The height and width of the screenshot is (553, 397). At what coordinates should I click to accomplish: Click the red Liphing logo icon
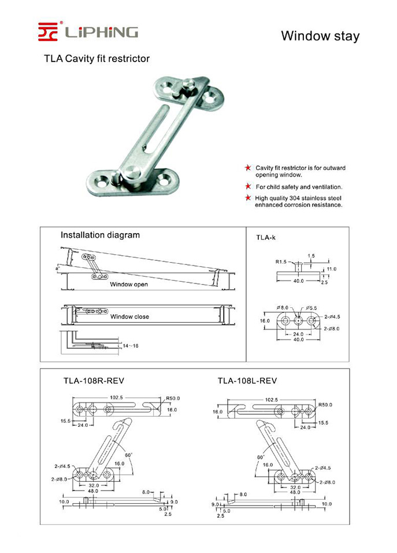pyautogui.click(x=49, y=31)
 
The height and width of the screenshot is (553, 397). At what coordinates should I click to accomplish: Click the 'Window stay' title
pyautogui.click(x=320, y=36)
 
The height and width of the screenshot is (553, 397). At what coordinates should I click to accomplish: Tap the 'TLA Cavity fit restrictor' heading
pyautogui.click(x=97, y=58)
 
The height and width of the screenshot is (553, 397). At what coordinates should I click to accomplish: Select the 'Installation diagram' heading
pyautogui.click(x=100, y=235)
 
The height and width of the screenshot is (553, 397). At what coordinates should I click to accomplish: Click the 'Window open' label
pyautogui.click(x=129, y=284)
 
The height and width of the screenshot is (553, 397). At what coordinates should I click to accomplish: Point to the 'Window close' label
pyautogui.click(x=129, y=316)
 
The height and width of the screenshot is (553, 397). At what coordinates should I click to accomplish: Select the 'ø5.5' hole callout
pyautogui.click(x=311, y=307)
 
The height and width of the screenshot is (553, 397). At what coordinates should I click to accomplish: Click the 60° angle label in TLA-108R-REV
pyautogui.click(x=128, y=455)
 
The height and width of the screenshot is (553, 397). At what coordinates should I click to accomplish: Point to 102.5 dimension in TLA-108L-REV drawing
pyautogui.click(x=271, y=399)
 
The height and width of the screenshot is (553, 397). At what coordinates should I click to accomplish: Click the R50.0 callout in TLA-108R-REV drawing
pyautogui.click(x=173, y=398)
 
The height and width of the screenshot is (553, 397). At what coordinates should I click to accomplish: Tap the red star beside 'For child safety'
pyautogui.click(x=248, y=187)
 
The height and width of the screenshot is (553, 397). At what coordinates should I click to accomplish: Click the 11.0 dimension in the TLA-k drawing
pyautogui.click(x=331, y=269)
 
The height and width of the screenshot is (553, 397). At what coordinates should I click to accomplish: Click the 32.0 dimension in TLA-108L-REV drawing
pyautogui.click(x=295, y=486)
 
